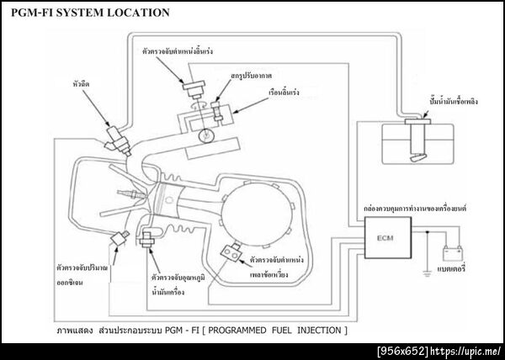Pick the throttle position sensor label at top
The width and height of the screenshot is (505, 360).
tap(180, 51)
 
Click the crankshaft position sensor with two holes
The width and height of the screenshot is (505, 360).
tap(228, 250)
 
